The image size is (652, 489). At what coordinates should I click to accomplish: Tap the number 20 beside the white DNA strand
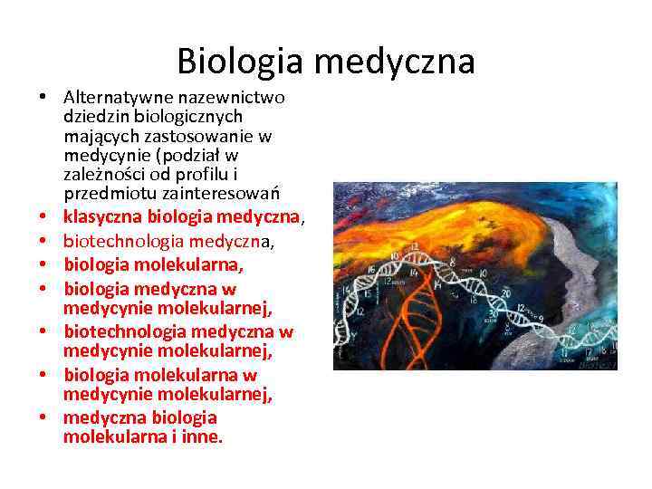[505, 294]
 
